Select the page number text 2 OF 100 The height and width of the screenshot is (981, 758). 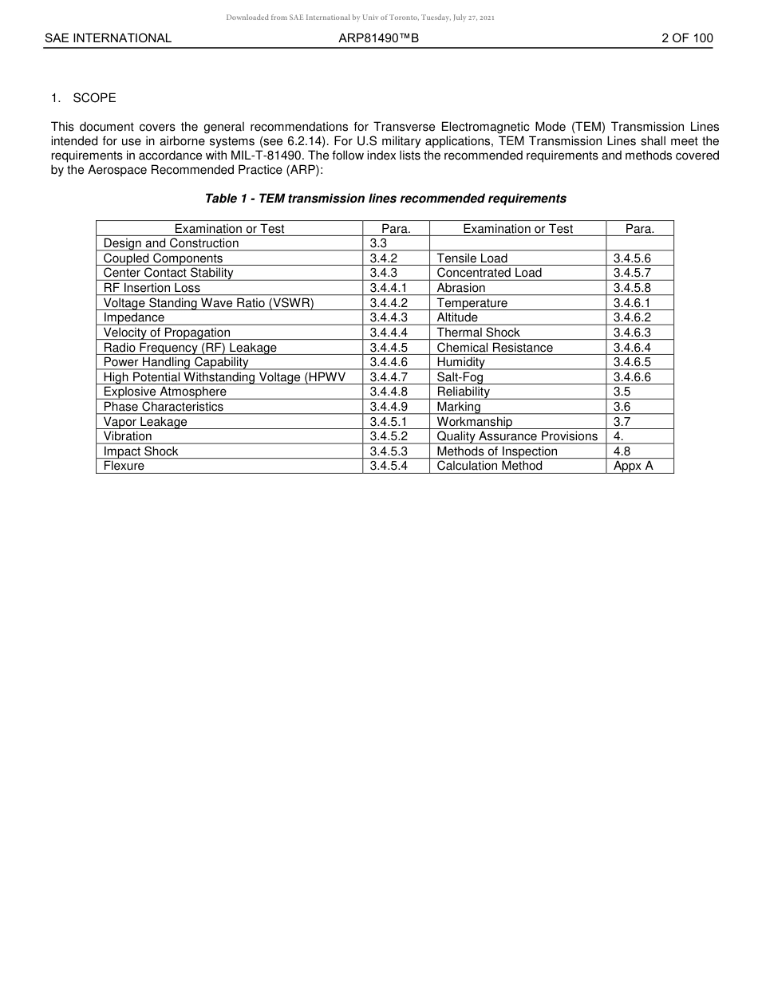687,38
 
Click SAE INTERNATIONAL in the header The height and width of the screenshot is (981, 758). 108,38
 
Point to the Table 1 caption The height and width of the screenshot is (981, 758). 385,199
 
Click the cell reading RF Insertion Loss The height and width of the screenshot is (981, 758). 152,288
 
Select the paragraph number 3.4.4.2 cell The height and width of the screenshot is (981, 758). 389,303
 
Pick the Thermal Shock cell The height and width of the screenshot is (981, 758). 478,333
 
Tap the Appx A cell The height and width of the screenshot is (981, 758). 633,466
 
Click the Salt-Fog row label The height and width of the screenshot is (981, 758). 460,377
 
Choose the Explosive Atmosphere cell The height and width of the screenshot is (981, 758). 164,392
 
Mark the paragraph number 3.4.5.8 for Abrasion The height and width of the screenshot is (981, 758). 632,288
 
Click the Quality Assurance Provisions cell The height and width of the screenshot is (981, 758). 517,436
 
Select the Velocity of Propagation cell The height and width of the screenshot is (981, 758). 167,333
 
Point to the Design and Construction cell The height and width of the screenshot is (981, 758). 171,243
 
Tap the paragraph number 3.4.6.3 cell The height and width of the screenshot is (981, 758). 632,333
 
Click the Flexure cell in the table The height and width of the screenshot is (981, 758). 124,466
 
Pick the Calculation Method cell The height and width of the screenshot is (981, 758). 489,466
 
